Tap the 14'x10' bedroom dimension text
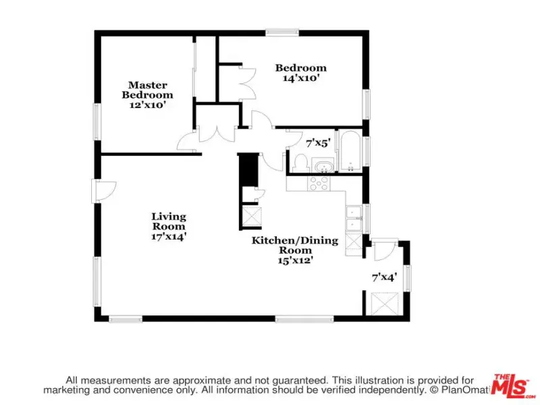(300, 78)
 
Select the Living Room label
(169, 221)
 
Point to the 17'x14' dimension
(169, 237)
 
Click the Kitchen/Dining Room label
(295, 245)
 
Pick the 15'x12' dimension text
(295, 261)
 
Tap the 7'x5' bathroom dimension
(318, 143)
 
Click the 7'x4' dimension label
(384, 277)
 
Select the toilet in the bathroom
(300, 163)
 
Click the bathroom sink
(324, 167)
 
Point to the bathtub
(350, 151)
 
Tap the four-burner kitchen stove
(319, 183)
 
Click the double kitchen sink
(354, 218)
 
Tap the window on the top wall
(282, 32)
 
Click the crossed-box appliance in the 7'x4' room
(385, 303)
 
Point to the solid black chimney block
(248, 169)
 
